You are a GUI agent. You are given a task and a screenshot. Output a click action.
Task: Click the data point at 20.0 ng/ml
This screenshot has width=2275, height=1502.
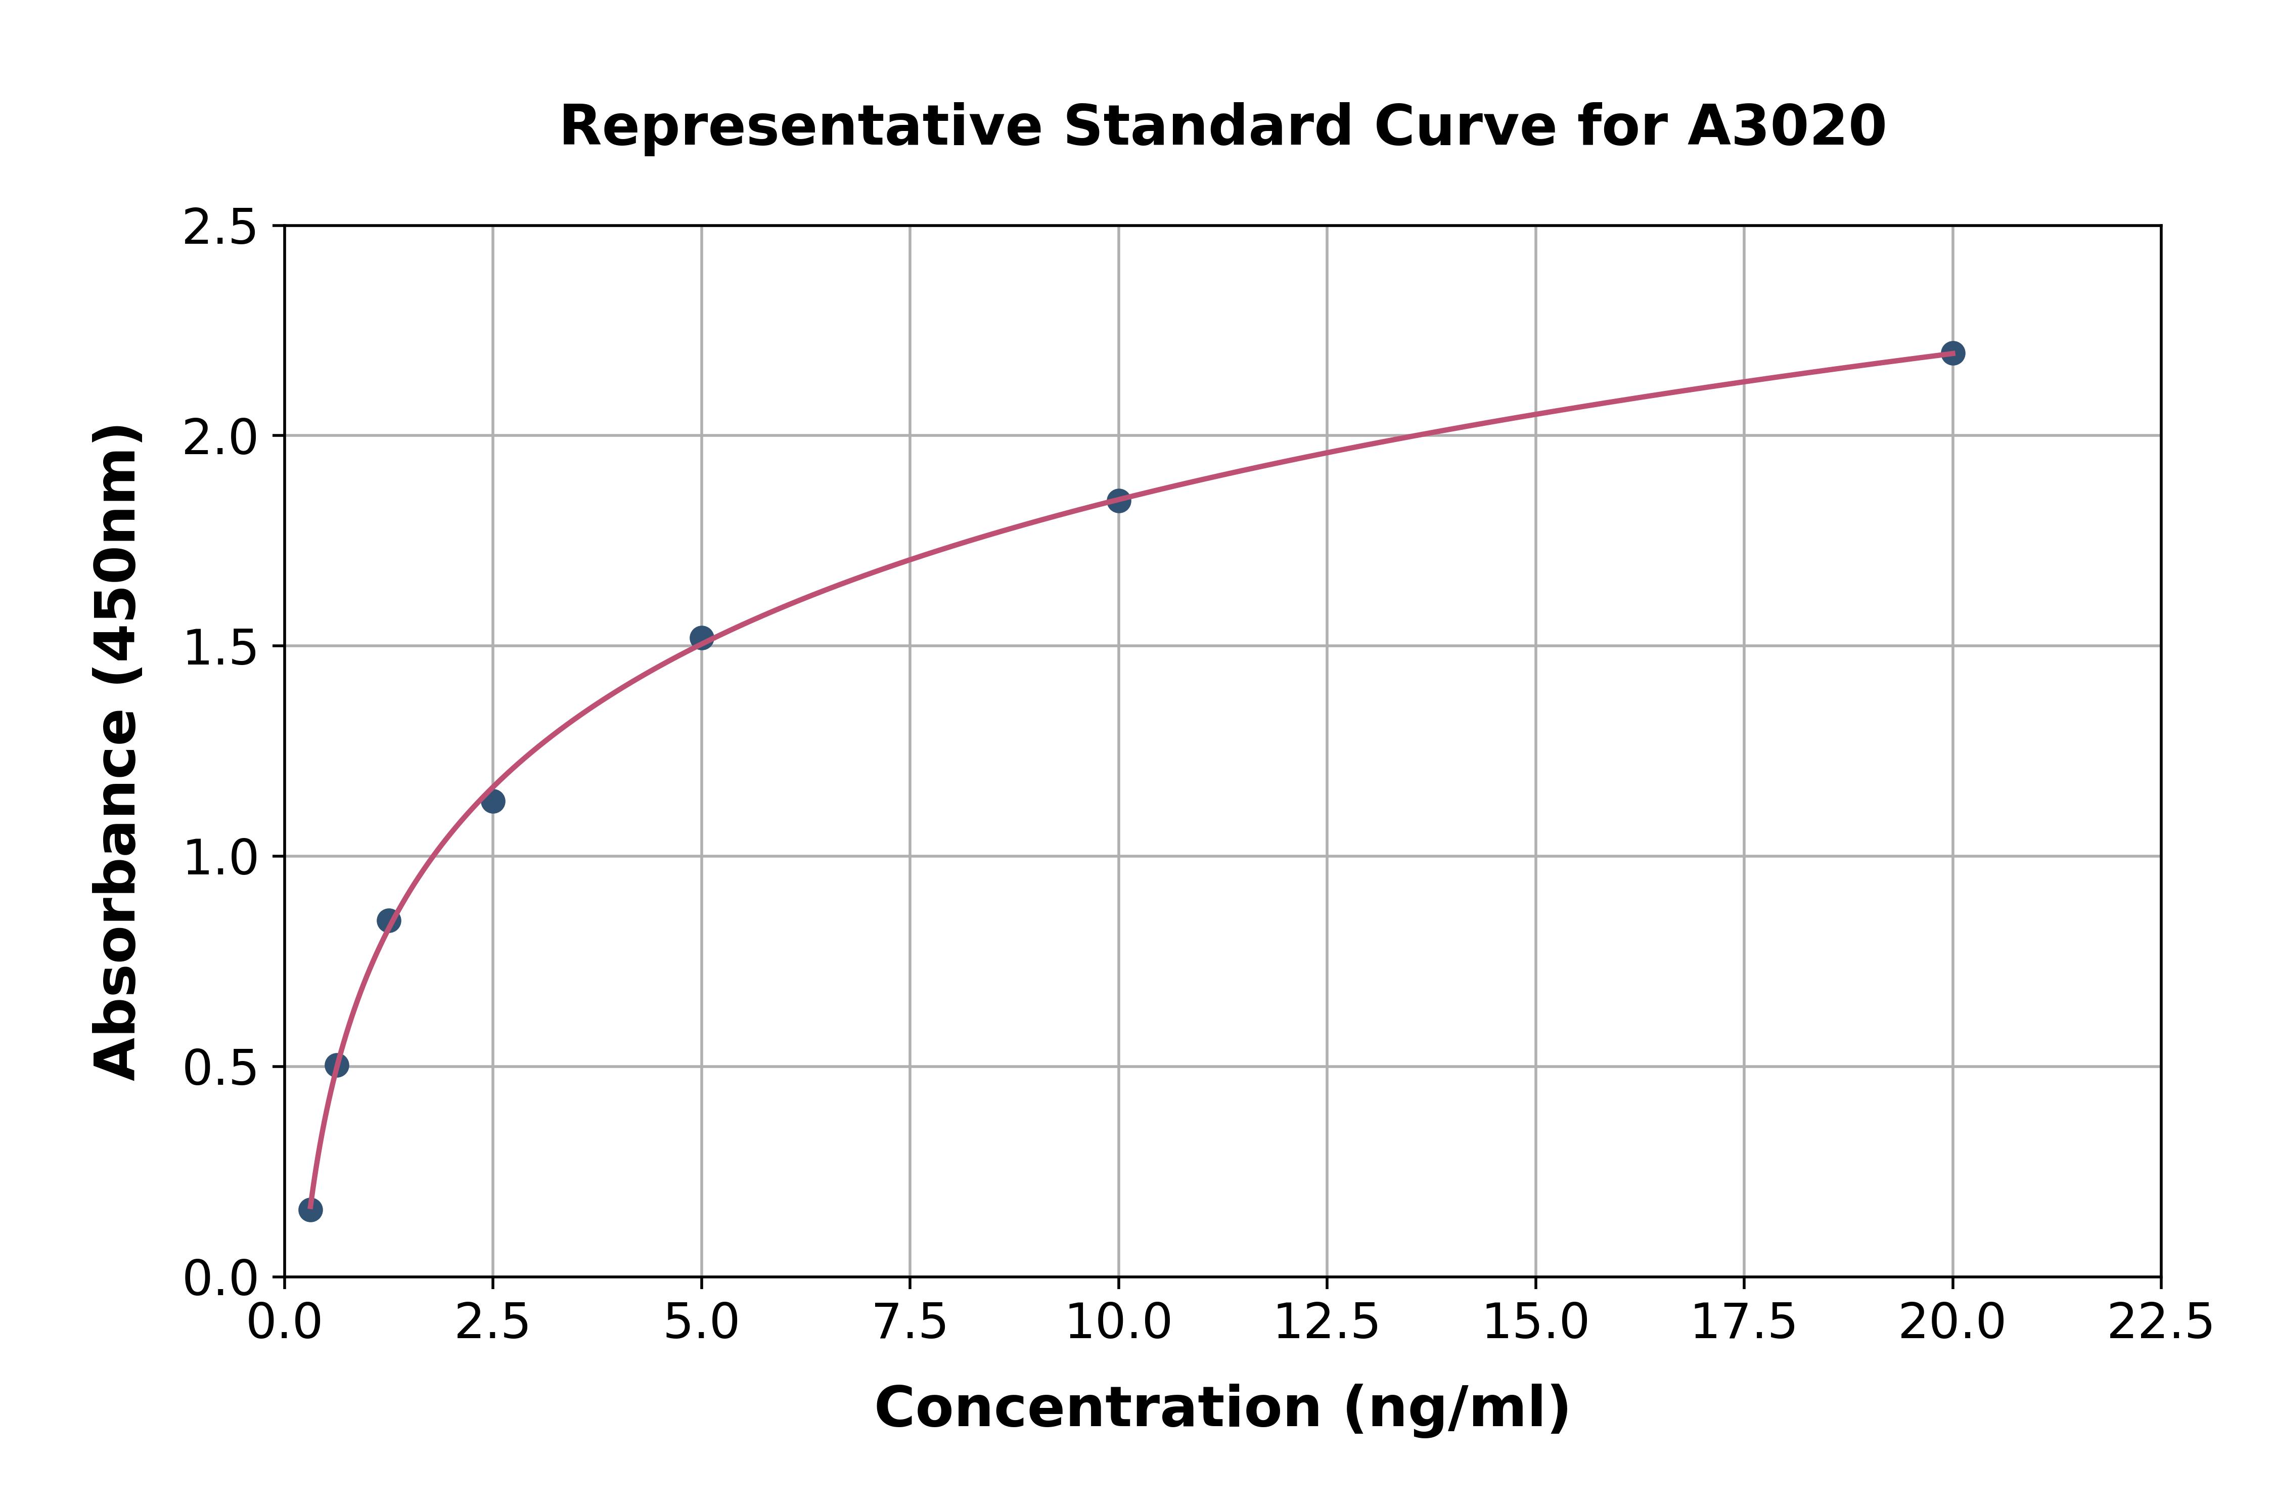[x=1952, y=354]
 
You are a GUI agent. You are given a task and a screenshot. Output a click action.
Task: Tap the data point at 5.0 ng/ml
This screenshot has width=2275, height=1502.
[x=702, y=638]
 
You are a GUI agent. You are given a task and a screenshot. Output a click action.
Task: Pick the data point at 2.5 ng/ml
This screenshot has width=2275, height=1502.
[x=493, y=801]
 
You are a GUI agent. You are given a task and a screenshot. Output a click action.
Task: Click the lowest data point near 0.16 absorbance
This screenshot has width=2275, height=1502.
[x=310, y=1210]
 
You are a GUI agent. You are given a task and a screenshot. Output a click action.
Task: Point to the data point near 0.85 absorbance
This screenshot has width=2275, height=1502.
[x=389, y=920]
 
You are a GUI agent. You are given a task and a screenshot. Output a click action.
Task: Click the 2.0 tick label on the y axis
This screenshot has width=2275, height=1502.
[x=220, y=438]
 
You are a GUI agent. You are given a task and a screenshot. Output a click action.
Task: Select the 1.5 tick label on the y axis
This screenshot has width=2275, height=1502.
[x=220, y=647]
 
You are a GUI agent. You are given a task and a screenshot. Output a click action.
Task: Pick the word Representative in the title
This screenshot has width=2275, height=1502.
[x=799, y=126]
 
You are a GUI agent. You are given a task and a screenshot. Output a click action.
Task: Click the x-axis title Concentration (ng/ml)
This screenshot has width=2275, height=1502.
[x=1222, y=1408]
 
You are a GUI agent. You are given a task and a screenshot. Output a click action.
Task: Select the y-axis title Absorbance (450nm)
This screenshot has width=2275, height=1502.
[x=117, y=752]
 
